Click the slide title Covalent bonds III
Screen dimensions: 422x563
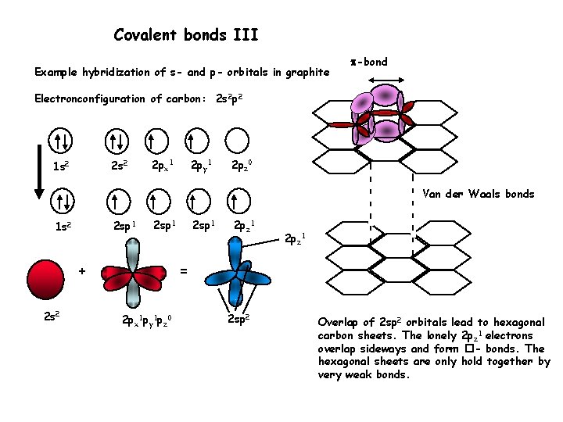coord(186,35)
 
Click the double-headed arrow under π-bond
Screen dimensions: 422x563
coord(385,80)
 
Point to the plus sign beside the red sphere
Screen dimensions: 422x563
coord(81,270)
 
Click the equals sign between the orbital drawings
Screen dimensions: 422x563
coord(184,270)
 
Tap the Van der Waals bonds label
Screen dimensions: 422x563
coord(479,194)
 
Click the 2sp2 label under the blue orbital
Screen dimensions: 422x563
coord(239,320)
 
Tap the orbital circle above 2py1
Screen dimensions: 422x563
coord(198,141)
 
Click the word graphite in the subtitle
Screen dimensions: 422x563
coord(307,73)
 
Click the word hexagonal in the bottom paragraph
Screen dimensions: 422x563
coord(518,323)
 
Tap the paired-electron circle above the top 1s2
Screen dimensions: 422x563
coord(61,141)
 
